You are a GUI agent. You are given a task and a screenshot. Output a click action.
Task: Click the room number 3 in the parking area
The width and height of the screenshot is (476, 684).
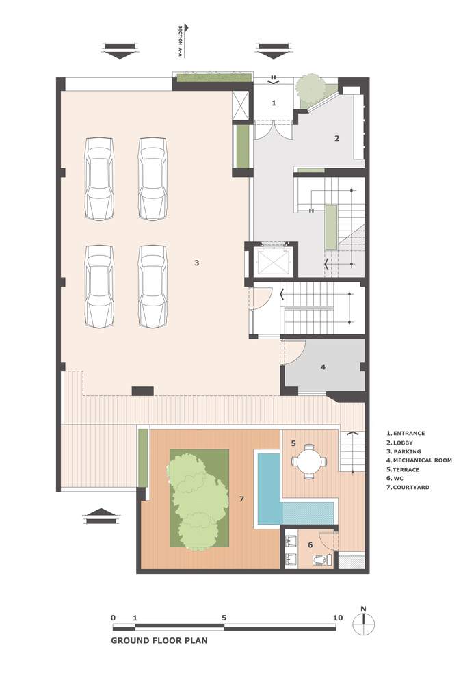(197, 263)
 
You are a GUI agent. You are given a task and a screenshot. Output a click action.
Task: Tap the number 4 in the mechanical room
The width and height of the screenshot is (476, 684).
(323, 367)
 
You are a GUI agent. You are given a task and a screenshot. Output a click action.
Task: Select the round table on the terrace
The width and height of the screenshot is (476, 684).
(309, 461)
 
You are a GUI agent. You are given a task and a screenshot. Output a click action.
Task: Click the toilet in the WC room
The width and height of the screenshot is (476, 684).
(322, 560)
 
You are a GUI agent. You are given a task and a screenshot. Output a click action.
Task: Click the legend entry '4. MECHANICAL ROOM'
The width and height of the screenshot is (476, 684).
(419, 460)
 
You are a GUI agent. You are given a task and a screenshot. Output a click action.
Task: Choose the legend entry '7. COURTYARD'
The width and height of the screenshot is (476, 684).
(408, 487)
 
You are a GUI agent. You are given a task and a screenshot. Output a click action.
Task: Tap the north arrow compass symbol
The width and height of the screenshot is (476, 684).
(364, 624)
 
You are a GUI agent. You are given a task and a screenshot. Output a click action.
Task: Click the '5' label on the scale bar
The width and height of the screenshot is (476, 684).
(224, 618)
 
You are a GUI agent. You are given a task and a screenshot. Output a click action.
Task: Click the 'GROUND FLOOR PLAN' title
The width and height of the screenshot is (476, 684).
(159, 640)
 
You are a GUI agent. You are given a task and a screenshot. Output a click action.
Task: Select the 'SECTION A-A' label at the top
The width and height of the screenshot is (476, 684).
(180, 42)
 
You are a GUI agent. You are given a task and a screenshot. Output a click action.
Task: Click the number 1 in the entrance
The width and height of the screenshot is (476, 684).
(274, 103)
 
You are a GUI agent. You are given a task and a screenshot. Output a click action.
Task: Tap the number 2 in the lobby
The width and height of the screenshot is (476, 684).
(336, 138)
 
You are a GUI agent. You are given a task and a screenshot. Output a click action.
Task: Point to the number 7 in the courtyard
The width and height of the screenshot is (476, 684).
(241, 499)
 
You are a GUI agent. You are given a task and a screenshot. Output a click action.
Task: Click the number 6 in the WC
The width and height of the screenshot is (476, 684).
(310, 545)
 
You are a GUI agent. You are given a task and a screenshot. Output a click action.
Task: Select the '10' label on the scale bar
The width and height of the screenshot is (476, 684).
(338, 618)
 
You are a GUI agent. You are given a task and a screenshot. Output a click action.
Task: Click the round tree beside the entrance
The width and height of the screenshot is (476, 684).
(310, 88)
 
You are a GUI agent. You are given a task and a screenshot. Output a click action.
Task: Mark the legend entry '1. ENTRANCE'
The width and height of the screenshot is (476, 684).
(406, 433)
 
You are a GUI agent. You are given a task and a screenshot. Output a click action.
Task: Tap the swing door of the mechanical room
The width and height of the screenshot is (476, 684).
(295, 352)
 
